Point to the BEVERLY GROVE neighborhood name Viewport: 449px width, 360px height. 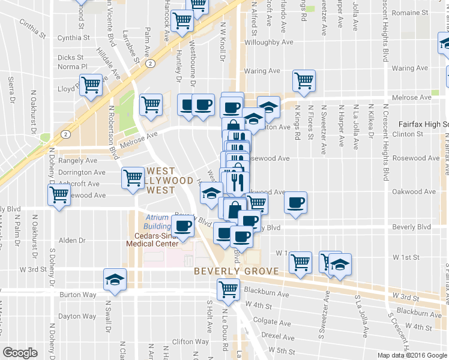point(236,271)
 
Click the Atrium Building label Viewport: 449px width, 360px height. point(158,221)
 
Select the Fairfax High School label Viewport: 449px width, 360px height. point(423,124)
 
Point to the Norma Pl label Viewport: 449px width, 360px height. point(73,67)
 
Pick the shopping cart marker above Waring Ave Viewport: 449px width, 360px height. point(304,79)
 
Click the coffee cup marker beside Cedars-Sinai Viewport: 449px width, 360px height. point(182,226)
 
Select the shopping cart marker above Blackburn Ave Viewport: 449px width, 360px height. point(228,289)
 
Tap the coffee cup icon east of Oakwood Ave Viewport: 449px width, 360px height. point(294,202)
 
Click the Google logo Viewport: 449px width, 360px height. point(20,353)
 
